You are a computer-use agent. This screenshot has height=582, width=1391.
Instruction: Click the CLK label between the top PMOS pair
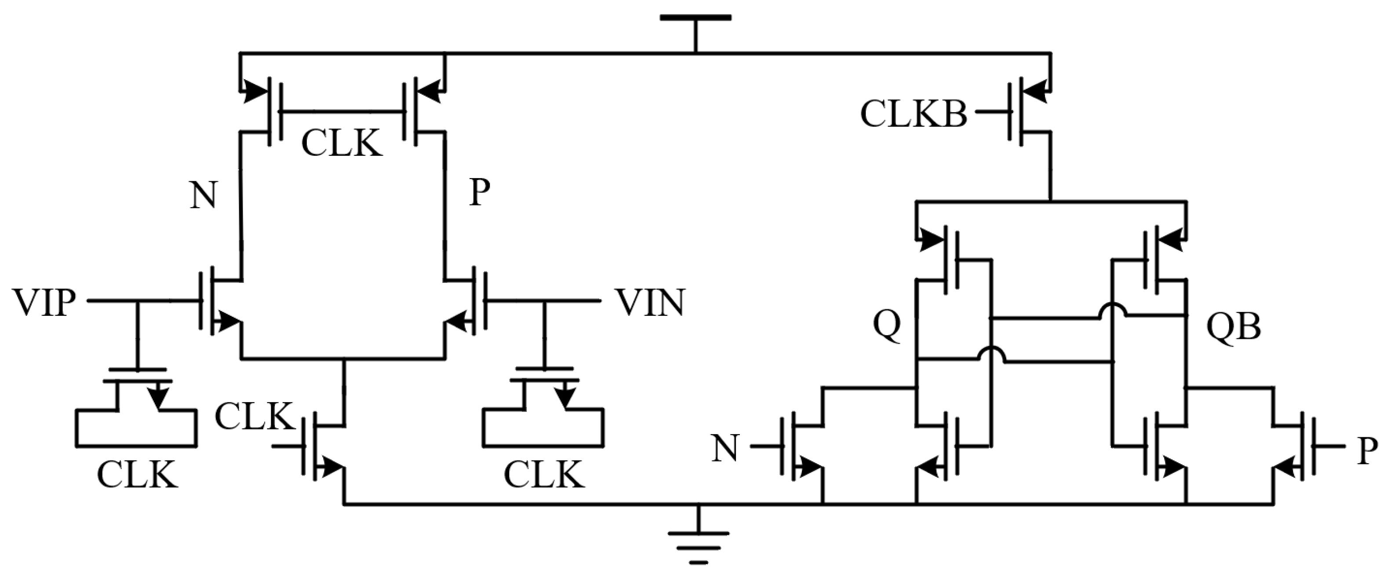(x=341, y=143)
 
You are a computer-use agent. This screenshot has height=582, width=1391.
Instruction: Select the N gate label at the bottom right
(x=725, y=449)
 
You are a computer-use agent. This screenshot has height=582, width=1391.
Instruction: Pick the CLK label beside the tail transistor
(x=254, y=417)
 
